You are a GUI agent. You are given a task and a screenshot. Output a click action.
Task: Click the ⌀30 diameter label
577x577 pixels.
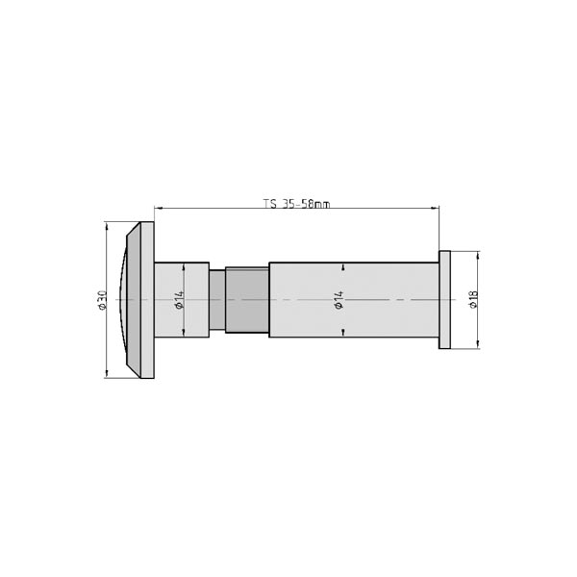point(101,300)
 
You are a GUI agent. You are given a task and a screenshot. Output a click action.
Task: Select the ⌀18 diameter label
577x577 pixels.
point(473,300)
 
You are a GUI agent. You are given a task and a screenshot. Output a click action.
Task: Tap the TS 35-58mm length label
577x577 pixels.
point(296,204)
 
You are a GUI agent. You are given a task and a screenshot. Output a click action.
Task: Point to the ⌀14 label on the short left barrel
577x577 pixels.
point(179,300)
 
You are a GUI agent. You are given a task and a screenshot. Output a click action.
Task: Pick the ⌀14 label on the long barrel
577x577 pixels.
point(339,300)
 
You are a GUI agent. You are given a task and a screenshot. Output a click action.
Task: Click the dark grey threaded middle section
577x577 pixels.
point(247,300)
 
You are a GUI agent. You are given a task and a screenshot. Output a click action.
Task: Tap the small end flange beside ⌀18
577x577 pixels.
point(444,300)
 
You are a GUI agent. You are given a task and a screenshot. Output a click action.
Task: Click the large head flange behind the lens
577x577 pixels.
point(147,300)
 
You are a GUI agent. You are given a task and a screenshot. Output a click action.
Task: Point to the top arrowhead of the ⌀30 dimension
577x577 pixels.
point(105,227)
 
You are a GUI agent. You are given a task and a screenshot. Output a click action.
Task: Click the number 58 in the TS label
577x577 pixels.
point(310,204)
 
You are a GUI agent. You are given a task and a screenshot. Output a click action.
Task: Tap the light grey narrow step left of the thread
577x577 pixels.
point(217,300)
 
